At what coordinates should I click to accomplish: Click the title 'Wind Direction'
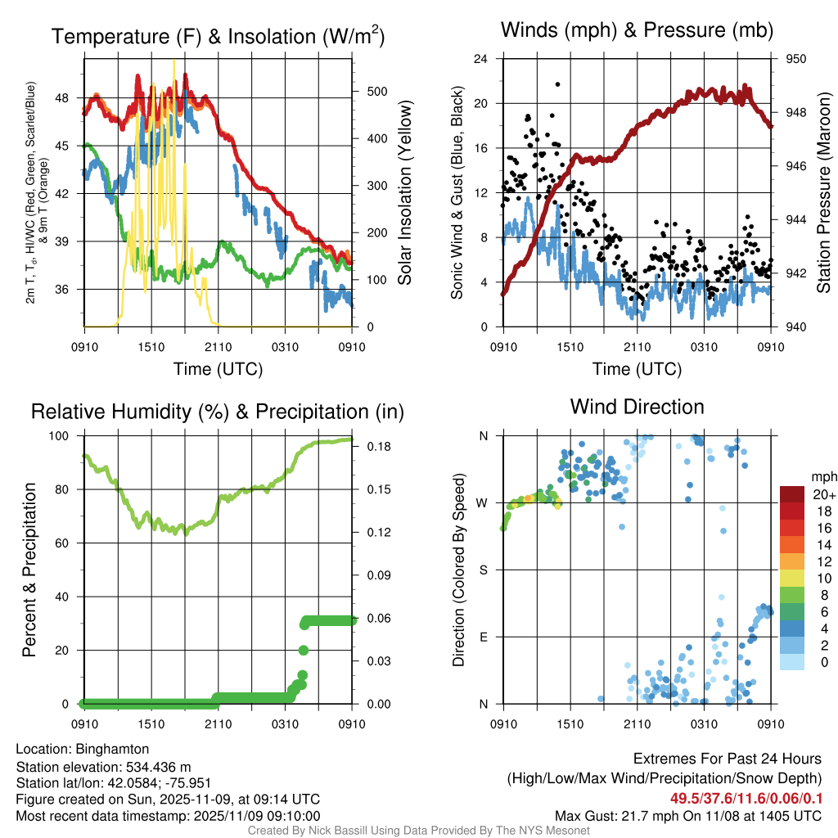click(637, 407)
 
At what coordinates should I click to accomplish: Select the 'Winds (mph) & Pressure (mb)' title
click(637, 31)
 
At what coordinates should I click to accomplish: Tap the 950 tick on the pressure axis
click(796, 59)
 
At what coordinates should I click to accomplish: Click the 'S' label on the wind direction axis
click(484, 570)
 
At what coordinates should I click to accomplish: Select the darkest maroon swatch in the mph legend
click(792, 494)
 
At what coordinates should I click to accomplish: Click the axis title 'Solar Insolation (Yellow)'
click(405, 193)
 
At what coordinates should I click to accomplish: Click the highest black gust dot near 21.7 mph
click(558, 84)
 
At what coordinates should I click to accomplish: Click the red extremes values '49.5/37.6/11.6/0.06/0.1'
click(746, 799)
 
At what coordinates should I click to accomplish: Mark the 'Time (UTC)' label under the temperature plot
click(218, 369)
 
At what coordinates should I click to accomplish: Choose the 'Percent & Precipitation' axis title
click(29, 570)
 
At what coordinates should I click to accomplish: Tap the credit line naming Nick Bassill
click(418, 831)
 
